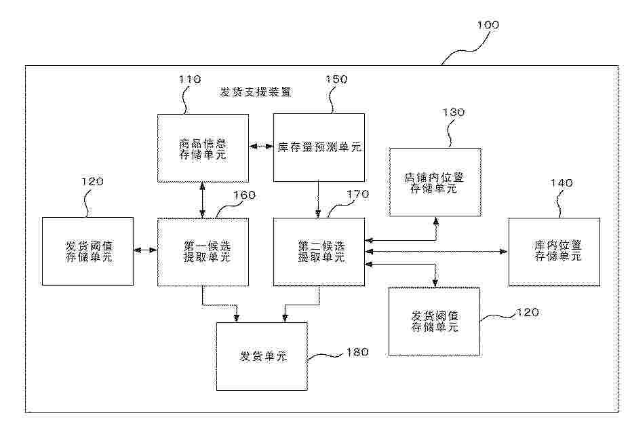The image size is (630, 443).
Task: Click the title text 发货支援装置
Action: pyautogui.click(x=256, y=92)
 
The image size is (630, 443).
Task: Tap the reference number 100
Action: pyautogui.click(x=488, y=25)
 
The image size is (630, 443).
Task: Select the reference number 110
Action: pyautogui.click(x=190, y=79)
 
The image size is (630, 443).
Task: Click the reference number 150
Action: pyautogui.click(x=336, y=79)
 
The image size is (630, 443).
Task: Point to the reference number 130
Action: pyautogui.click(x=454, y=112)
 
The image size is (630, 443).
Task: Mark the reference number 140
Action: pyautogui.click(x=562, y=183)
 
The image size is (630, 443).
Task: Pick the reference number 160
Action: pyautogui.click(x=244, y=195)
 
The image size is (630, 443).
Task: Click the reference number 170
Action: pyautogui.click(x=357, y=195)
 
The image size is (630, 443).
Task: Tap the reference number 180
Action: pyautogui.click(x=357, y=353)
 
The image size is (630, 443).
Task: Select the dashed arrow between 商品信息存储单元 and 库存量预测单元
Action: pyautogui.click(x=261, y=147)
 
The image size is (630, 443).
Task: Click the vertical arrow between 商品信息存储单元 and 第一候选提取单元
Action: pyautogui.click(x=203, y=200)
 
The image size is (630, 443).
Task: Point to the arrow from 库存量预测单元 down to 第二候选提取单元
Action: pyautogui.click(x=319, y=200)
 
